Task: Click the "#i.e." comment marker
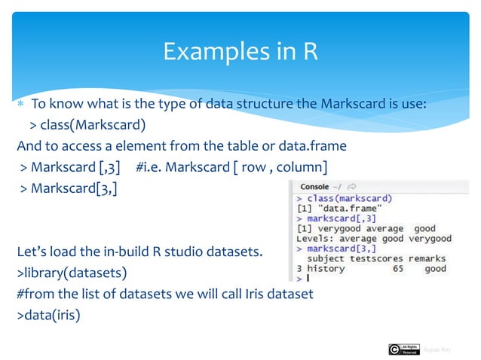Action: pos(152,166)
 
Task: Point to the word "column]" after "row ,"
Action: pos(302,166)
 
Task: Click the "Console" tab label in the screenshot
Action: pos(314,186)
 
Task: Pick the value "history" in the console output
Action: pos(326,268)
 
